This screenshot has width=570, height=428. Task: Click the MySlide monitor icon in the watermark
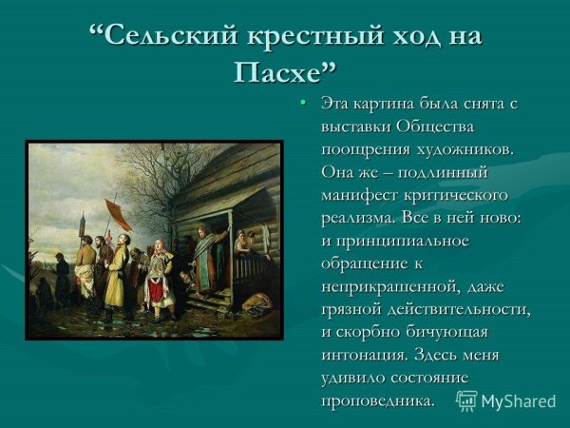click(x=466, y=400)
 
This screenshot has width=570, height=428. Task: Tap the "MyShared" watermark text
click(x=518, y=401)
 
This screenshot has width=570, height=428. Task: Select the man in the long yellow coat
click(x=117, y=276)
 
